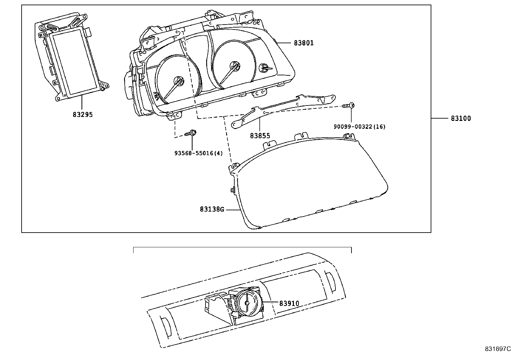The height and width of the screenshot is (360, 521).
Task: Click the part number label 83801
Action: (x=303, y=43)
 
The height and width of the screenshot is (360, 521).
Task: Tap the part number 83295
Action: (x=82, y=115)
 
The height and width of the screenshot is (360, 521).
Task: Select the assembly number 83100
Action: (x=460, y=119)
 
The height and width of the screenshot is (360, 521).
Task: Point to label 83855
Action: (x=260, y=136)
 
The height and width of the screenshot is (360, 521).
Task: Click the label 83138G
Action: (x=212, y=209)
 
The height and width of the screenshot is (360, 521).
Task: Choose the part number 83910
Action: (x=289, y=304)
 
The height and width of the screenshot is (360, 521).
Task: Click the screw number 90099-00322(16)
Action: (x=359, y=127)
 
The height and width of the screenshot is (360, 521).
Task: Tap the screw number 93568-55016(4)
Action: (x=199, y=153)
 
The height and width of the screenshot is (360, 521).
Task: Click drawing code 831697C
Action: (x=497, y=349)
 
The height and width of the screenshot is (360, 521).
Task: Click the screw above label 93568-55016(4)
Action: (x=191, y=133)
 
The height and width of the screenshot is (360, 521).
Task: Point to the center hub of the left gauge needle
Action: (x=179, y=81)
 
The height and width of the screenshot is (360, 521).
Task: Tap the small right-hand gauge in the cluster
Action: (x=264, y=68)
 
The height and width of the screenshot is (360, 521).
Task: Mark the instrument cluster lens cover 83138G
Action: (x=311, y=183)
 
